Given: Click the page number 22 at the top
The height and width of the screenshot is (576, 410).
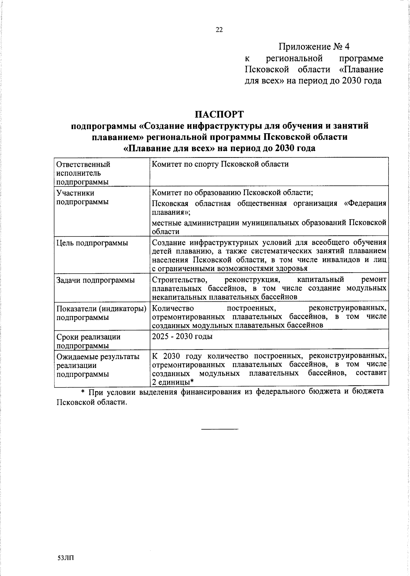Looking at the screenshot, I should [x=219, y=30].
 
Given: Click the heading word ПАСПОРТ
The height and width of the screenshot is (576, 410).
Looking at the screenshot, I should [x=219, y=114].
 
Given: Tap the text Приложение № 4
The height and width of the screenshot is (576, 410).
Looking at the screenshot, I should [x=314, y=46].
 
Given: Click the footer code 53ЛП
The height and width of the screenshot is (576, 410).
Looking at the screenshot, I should [x=66, y=558].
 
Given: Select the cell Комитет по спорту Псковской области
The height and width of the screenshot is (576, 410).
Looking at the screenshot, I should [x=220, y=164].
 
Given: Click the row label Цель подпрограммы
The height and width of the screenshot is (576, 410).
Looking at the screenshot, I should [x=92, y=243].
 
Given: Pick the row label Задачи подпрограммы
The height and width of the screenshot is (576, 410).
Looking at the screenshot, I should [x=95, y=280].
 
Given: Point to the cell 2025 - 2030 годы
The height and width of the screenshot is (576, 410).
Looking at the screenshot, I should [x=182, y=337].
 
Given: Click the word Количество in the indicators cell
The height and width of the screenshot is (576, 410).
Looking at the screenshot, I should [x=173, y=308].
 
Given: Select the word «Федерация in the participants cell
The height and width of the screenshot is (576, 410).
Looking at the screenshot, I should [x=365, y=204].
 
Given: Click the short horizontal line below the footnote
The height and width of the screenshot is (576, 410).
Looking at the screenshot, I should [x=219, y=428].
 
